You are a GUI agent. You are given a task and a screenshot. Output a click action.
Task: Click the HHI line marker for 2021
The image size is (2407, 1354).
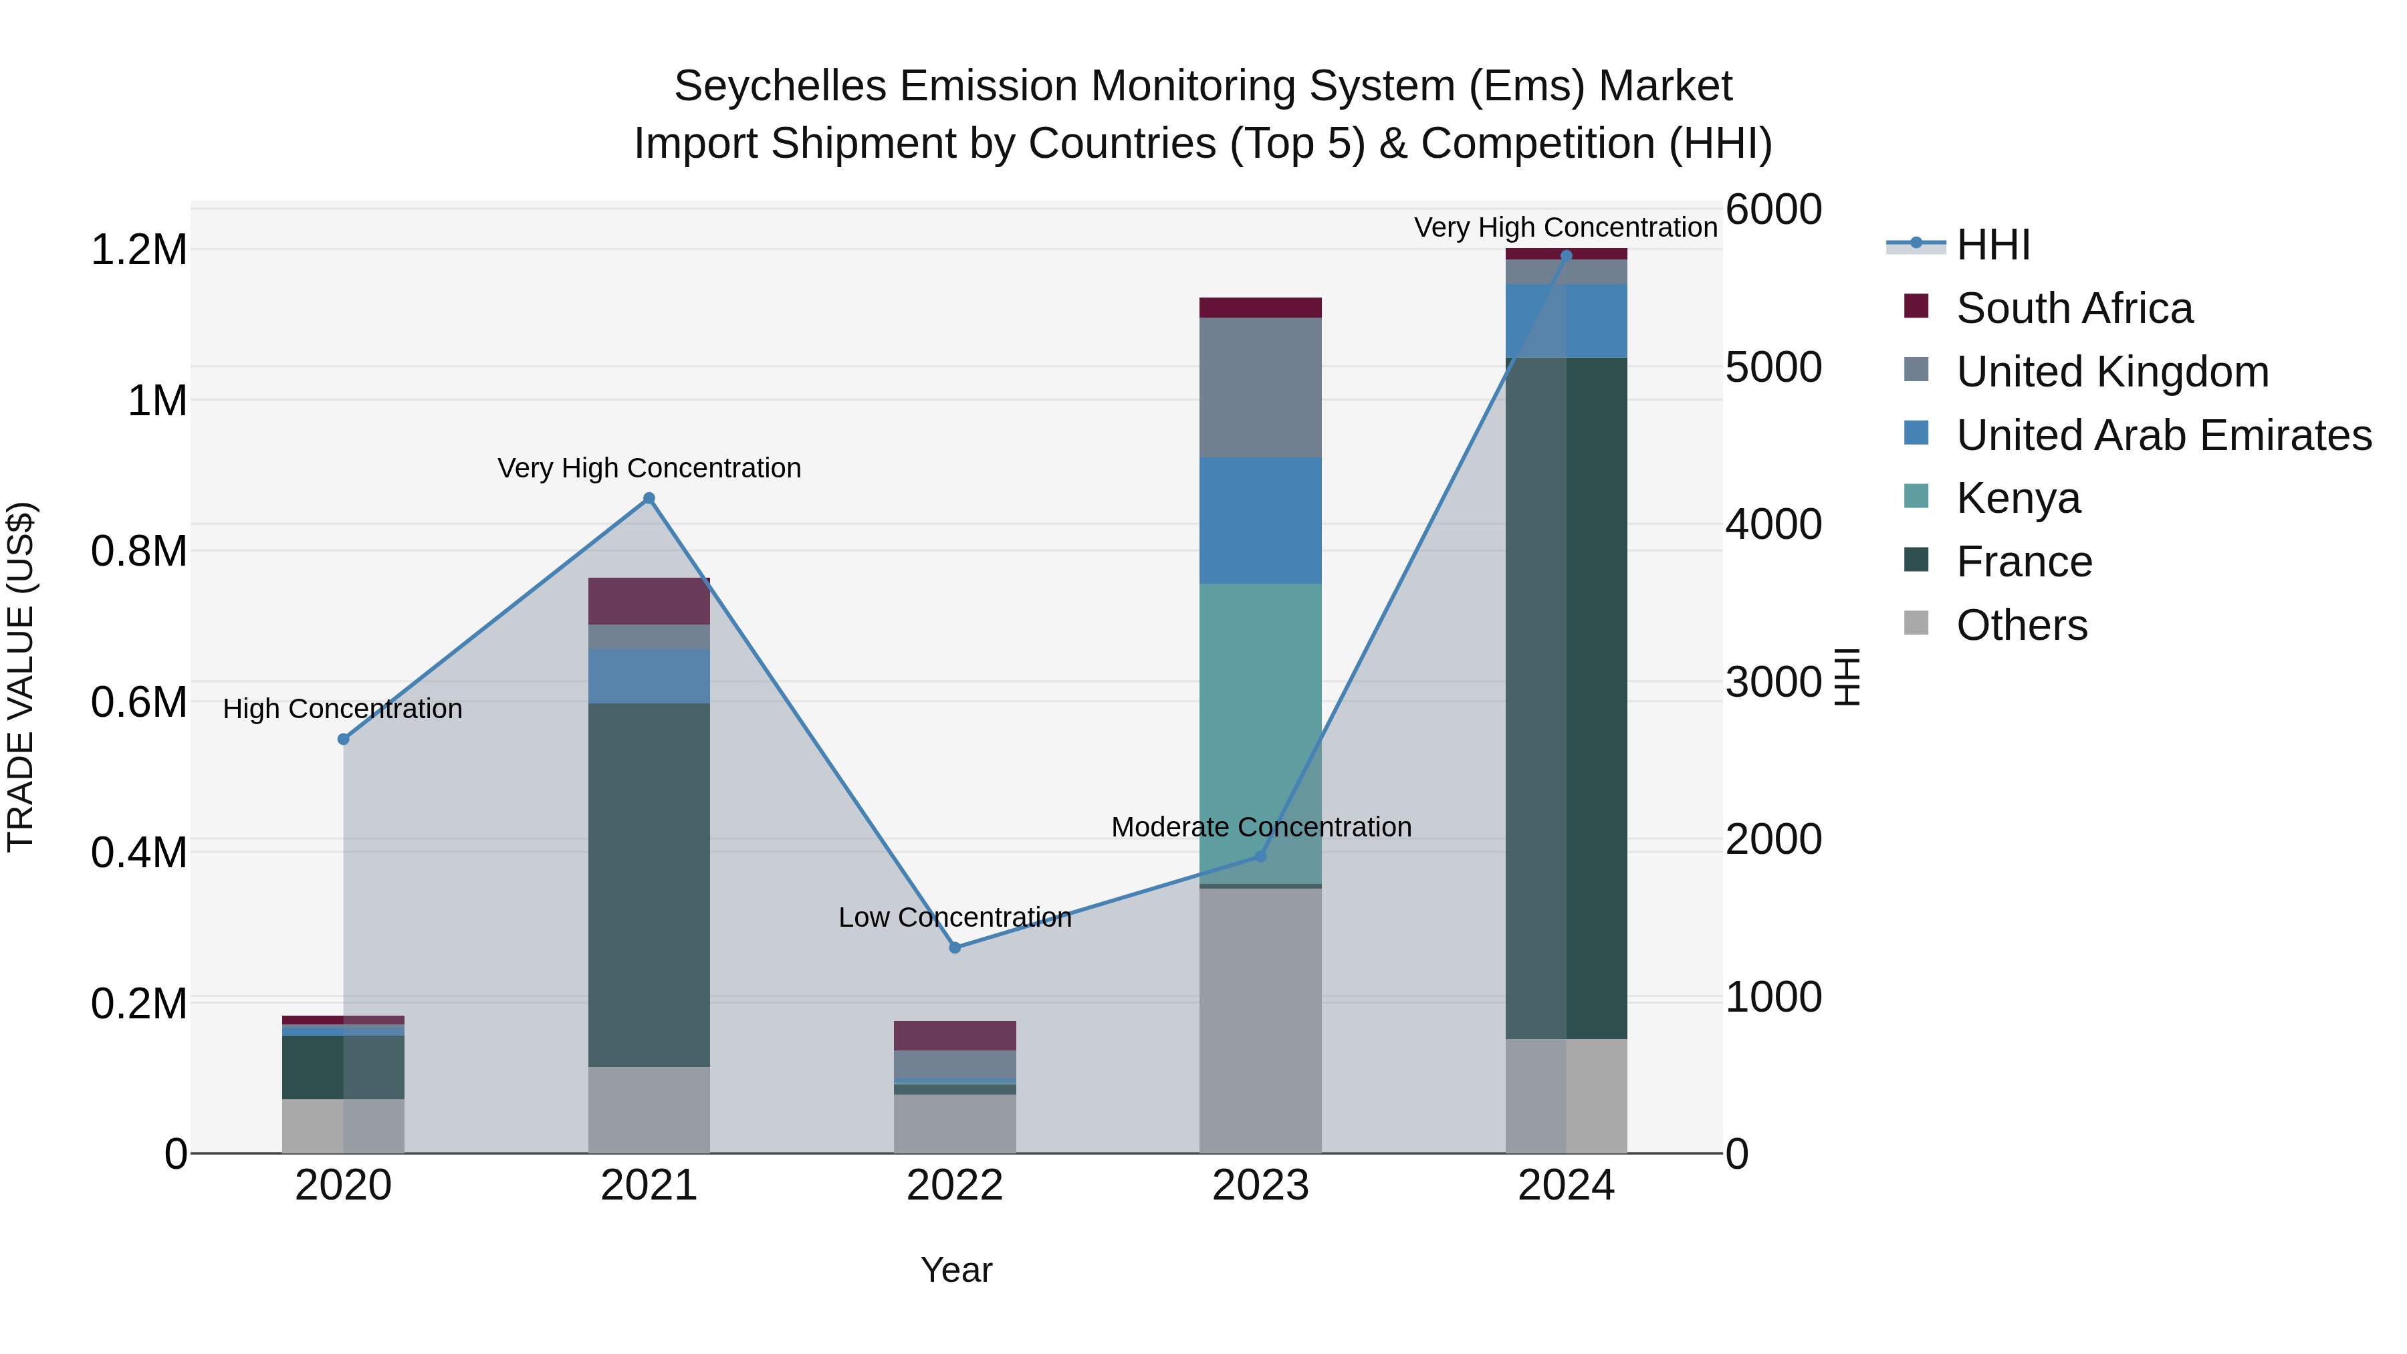click(649, 498)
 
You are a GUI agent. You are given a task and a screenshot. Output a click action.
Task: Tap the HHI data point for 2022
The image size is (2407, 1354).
click(954, 947)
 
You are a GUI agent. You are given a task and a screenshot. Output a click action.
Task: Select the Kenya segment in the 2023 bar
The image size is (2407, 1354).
click(1260, 734)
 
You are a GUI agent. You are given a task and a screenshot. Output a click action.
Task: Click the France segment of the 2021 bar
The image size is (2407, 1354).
click(649, 884)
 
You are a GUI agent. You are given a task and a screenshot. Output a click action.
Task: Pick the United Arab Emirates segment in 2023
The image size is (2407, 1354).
click(1260, 520)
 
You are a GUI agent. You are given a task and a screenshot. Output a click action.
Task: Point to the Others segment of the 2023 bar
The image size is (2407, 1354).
click(1260, 1020)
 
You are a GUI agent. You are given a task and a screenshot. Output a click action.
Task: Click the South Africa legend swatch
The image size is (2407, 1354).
click(1916, 306)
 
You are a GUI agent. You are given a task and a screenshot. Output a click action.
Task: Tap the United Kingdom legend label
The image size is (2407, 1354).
click(2111, 372)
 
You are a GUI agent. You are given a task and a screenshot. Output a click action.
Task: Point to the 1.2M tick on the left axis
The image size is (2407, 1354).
click(138, 251)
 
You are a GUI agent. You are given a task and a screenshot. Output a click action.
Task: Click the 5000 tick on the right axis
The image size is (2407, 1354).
click(1772, 367)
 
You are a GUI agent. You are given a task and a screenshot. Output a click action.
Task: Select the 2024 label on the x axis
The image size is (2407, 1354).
click(1565, 1186)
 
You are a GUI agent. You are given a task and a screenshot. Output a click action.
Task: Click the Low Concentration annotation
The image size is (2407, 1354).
click(954, 917)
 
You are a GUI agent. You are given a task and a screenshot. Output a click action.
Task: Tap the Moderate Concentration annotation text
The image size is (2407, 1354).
click(1260, 827)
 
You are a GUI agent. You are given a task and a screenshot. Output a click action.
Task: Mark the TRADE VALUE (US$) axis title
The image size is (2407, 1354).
click(21, 677)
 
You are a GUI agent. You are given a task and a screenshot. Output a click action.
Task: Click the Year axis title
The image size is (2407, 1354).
click(956, 1270)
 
